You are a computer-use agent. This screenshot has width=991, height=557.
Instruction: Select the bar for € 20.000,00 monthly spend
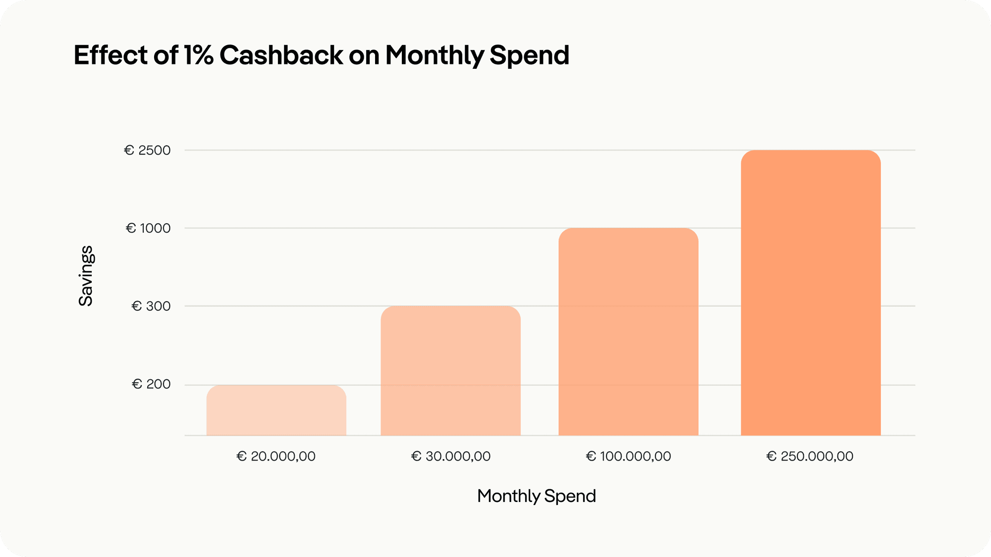[x=276, y=410]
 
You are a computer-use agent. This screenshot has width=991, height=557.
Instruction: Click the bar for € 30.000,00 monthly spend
[x=450, y=371]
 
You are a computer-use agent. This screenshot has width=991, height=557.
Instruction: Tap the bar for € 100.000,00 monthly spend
[x=628, y=332]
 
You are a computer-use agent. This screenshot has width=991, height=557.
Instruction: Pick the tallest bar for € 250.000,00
[x=811, y=293]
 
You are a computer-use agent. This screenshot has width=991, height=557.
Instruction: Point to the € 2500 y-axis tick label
[x=147, y=150]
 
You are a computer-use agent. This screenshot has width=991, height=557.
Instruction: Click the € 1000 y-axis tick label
[x=148, y=228]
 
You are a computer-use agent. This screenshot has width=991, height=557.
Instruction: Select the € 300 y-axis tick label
[x=151, y=306]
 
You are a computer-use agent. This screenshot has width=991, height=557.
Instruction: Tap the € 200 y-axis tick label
[x=151, y=384]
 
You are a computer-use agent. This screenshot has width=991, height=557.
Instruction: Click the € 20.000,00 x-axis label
[x=276, y=456]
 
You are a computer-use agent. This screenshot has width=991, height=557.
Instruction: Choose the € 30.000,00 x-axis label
[x=451, y=456]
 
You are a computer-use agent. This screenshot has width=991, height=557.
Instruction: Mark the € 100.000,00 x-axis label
[x=628, y=456]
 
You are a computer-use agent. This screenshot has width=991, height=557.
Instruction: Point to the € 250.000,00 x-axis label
[x=810, y=456]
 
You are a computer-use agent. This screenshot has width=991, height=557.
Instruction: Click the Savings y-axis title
[x=86, y=276]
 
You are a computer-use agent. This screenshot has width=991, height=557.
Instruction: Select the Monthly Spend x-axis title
[x=537, y=496]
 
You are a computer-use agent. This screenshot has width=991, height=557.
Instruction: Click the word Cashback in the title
[x=281, y=55]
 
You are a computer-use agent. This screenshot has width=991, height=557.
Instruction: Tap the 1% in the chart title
[x=198, y=55]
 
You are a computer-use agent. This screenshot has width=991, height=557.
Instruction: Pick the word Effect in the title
[x=110, y=55]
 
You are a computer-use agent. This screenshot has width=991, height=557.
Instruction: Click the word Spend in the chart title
[x=529, y=55]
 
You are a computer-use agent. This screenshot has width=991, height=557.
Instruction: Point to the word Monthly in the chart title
[x=435, y=55]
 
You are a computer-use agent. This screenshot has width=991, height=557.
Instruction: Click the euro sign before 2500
[x=129, y=150]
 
